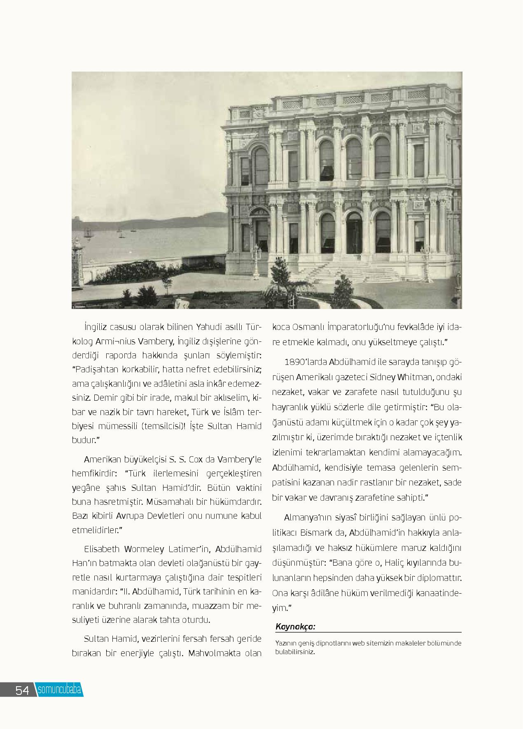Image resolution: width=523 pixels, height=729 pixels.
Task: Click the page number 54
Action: [22, 690]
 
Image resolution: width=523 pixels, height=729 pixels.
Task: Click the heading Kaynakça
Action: [295, 627]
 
